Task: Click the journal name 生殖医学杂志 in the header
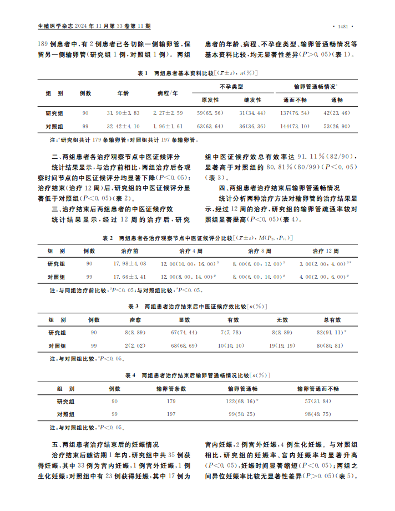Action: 54,26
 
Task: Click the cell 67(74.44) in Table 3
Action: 185,332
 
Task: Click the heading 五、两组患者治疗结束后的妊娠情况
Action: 105,444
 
